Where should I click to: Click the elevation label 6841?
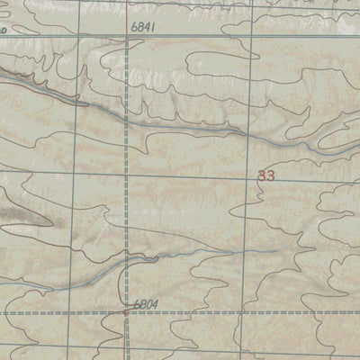coord(142,28)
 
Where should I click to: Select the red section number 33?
coord(265,176)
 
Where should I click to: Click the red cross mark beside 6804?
coord(125,312)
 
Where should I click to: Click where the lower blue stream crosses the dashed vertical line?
coord(125,260)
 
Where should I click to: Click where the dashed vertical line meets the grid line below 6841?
coord(125,39)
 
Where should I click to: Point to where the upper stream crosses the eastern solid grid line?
coord(245,133)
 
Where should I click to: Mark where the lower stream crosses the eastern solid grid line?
coord(244,252)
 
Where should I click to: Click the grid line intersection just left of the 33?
coord(246,174)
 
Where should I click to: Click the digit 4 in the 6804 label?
coord(156,305)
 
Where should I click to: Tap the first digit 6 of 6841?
coord(133,28)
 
